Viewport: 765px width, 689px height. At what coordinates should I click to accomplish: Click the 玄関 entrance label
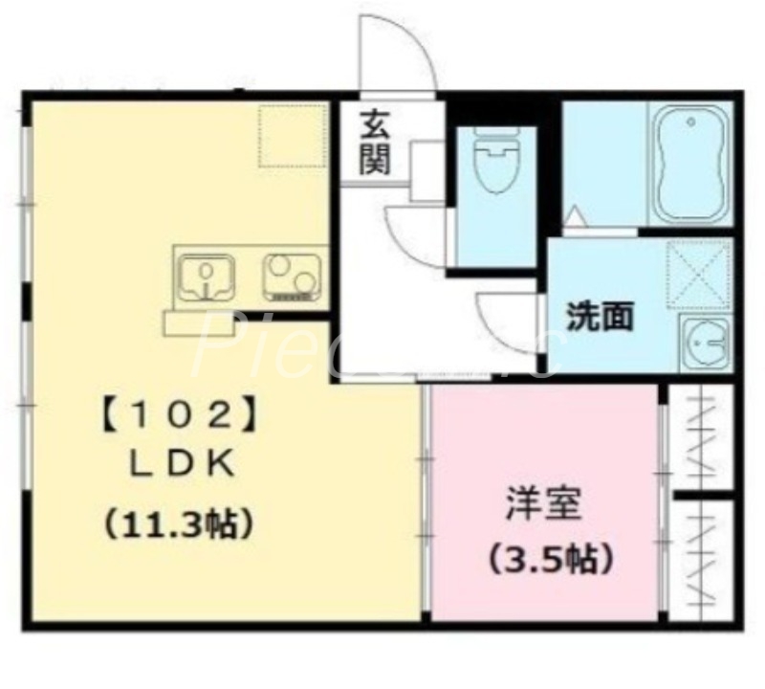[374, 144]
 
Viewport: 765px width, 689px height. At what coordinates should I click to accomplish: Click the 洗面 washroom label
[600, 317]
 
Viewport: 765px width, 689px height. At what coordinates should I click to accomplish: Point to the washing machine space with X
[698, 274]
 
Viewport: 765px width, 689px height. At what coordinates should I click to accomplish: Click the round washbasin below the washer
[706, 343]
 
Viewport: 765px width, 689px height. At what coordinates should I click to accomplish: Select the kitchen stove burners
[291, 276]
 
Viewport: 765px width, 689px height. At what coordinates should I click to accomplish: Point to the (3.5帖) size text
[550, 558]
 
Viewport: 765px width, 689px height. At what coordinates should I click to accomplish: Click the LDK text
[182, 466]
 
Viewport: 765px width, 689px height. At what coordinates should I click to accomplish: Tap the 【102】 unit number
[177, 415]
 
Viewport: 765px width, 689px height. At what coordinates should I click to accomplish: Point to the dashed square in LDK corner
[292, 135]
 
